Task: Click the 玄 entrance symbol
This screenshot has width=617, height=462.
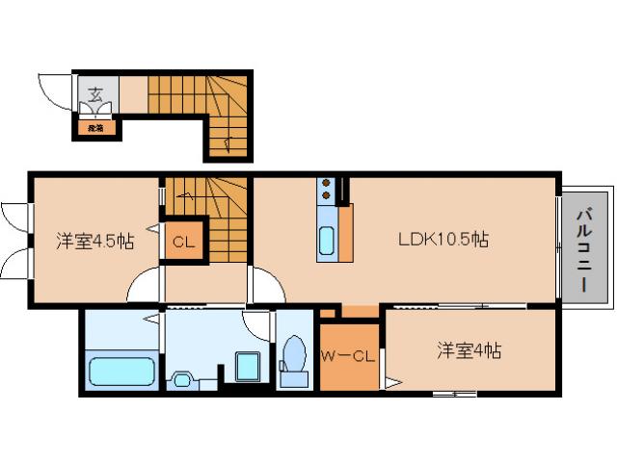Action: click(x=96, y=93)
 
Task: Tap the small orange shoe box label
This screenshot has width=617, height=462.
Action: click(x=96, y=124)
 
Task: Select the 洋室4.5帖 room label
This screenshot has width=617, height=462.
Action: click(x=94, y=241)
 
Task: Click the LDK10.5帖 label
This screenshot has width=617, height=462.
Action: click(x=443, y=240)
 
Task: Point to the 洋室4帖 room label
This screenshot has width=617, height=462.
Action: click(x=468, y=351)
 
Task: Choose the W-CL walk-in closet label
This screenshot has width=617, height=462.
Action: click(x=347, y=358)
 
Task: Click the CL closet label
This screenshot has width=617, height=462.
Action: click(x=183, y=242)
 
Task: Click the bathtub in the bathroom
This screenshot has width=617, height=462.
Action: click(x=121, y=372)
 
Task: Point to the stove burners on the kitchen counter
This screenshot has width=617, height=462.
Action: click(x=327, y=189)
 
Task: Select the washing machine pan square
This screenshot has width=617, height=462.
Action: click(x=248, y=367)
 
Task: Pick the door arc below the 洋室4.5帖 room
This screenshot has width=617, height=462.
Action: click(x=145, y=286)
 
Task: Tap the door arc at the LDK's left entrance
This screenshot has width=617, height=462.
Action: click(x=265, y=286)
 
